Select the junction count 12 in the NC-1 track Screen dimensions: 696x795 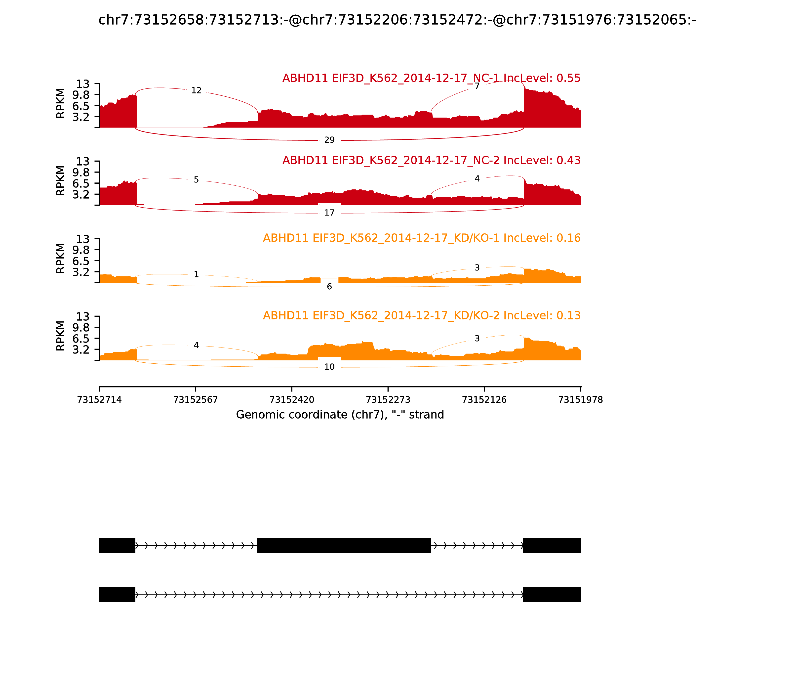coord(197,90)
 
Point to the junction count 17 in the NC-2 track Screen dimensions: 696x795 coord(329,213)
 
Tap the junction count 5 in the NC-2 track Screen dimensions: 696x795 coord(197,180)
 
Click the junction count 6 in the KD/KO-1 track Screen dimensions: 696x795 coord(329,287)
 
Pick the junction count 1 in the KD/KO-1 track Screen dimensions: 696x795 coord(197,275)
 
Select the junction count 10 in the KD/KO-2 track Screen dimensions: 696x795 coord(329,367)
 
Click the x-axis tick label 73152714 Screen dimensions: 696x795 coord(99,400)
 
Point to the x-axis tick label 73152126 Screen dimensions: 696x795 coord(484,400)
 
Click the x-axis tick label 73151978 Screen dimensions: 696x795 coord(580,400)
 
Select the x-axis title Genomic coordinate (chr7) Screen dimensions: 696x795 coord(340,415)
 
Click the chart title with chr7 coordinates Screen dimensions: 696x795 coord(397,20)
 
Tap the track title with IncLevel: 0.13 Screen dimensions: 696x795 coord(422,315)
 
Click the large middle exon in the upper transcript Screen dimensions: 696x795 coord(344,545)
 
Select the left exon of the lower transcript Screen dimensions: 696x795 coord(117,595)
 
